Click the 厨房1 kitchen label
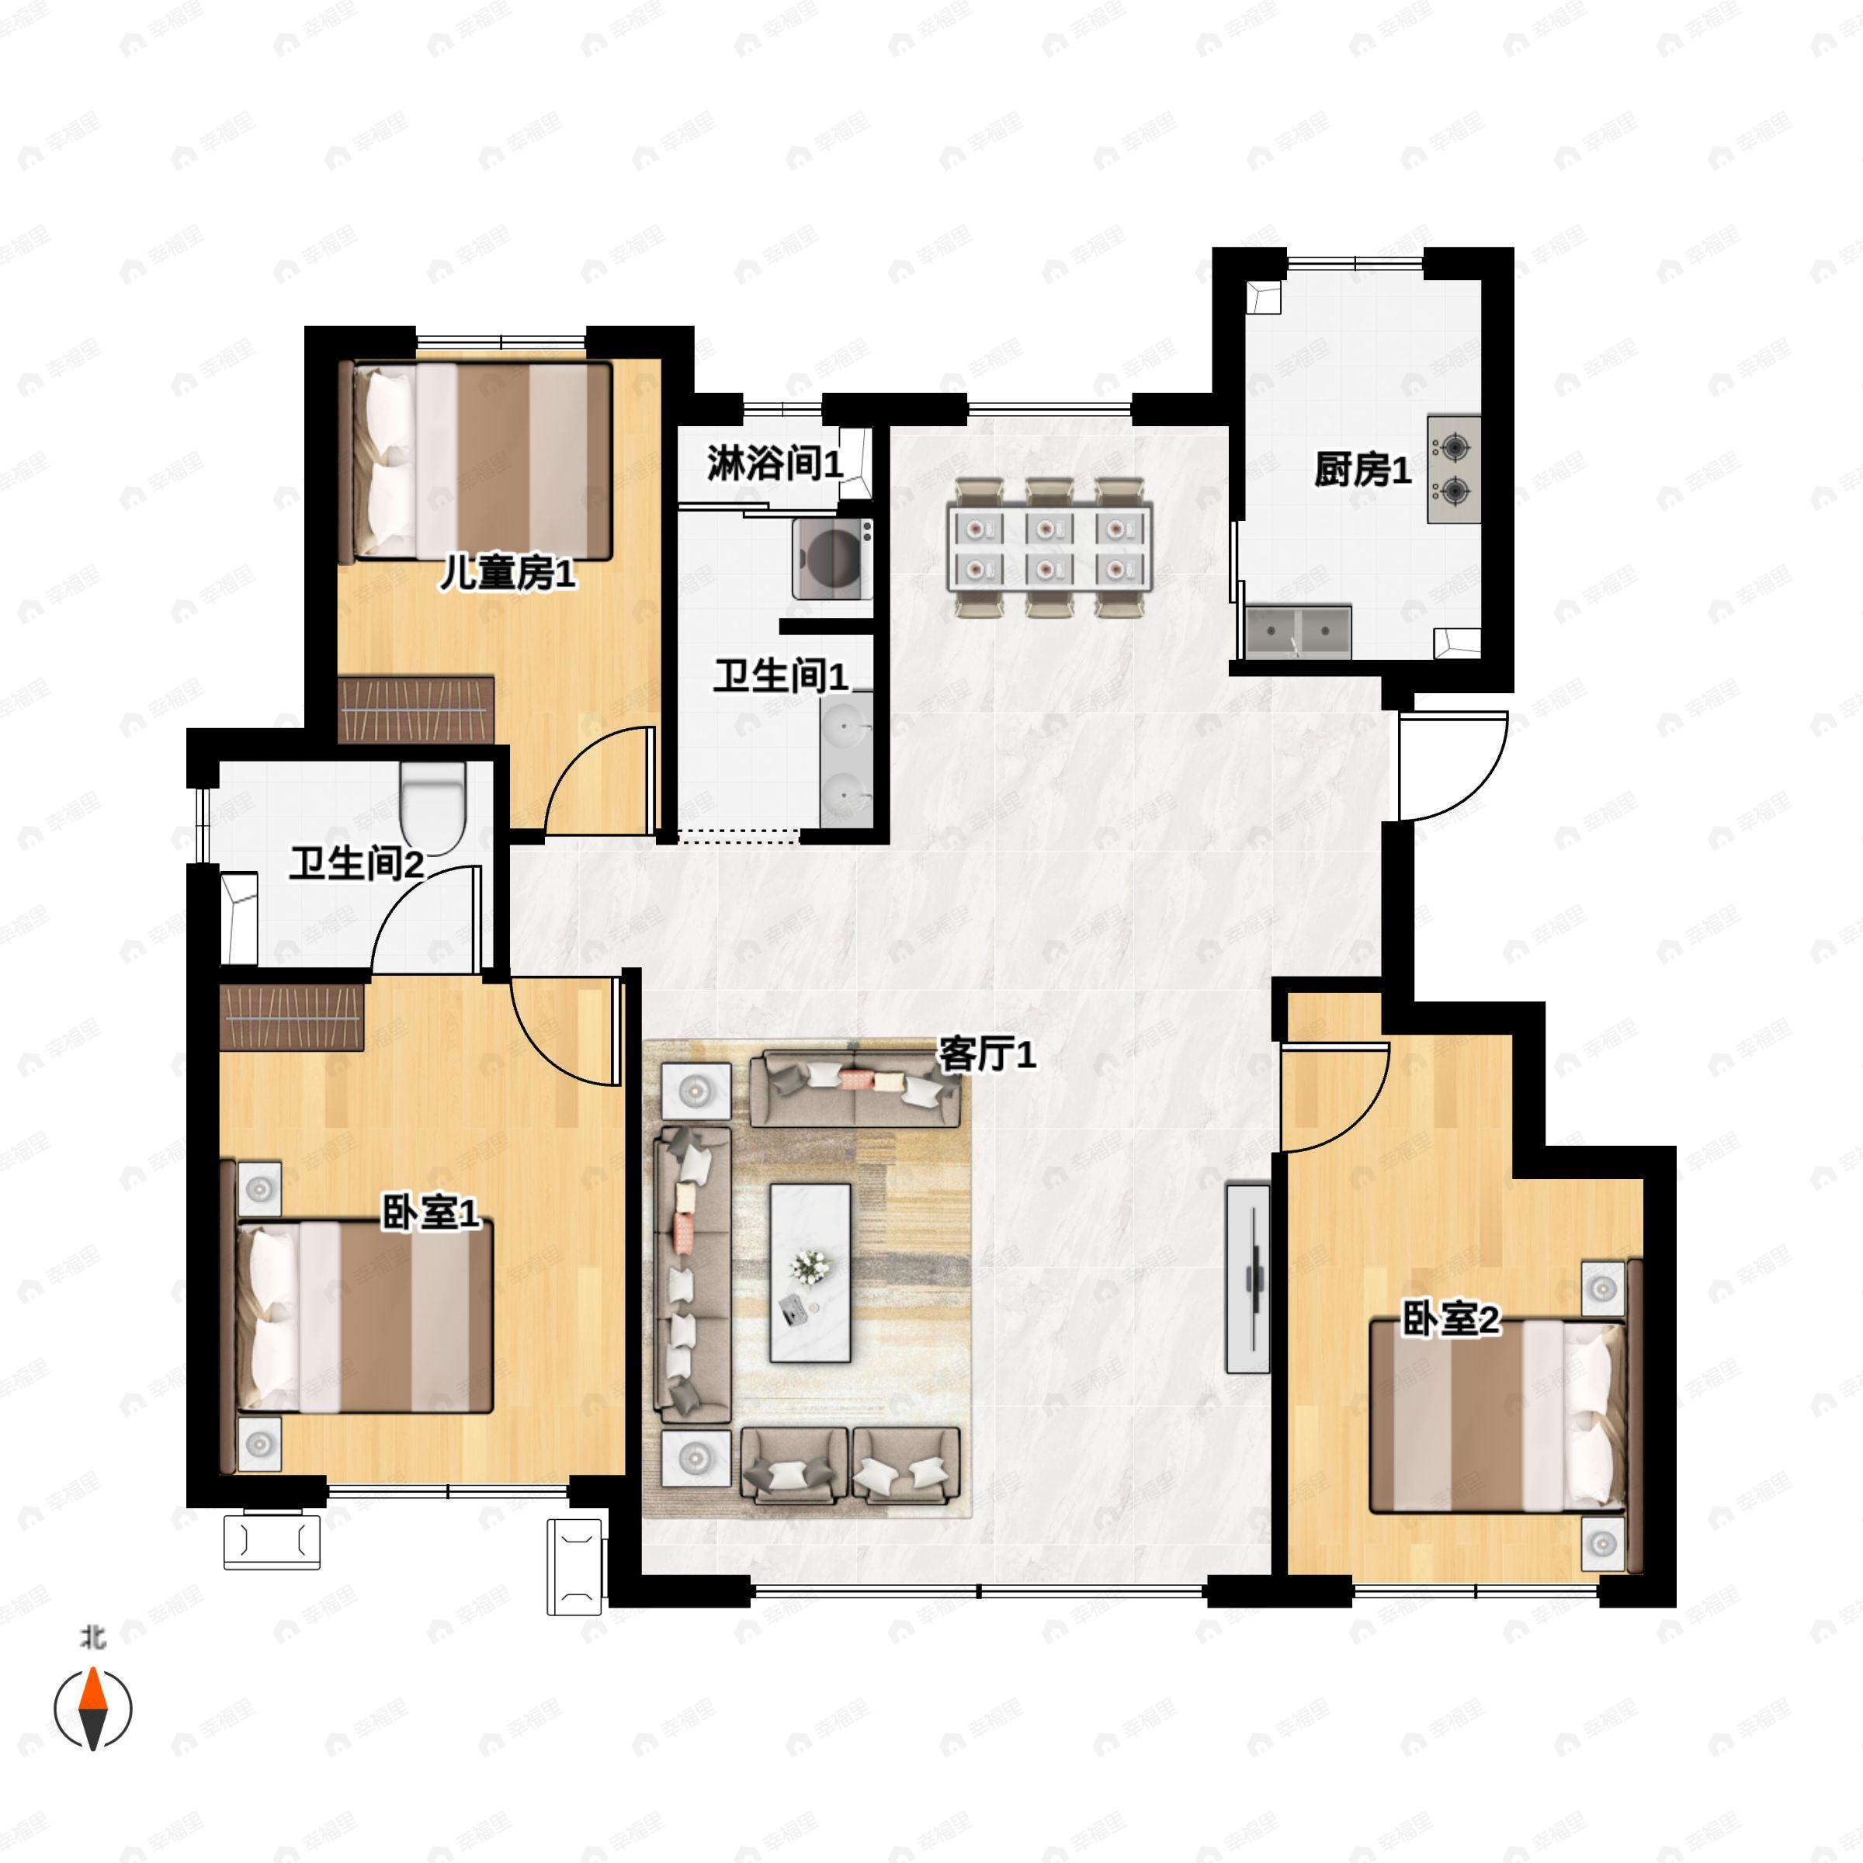pos(1362,470)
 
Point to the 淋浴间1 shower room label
pos(775,464)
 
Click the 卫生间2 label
pos(357,863)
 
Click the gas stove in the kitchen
pos(1454,470)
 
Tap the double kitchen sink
pos(1298,632)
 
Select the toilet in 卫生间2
pos(433,807)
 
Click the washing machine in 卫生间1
pos(833,558)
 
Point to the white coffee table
pos(810,1273)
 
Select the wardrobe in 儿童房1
pos(417,709)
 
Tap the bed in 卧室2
pos(1498,1417)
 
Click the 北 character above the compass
pos(92,1637)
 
